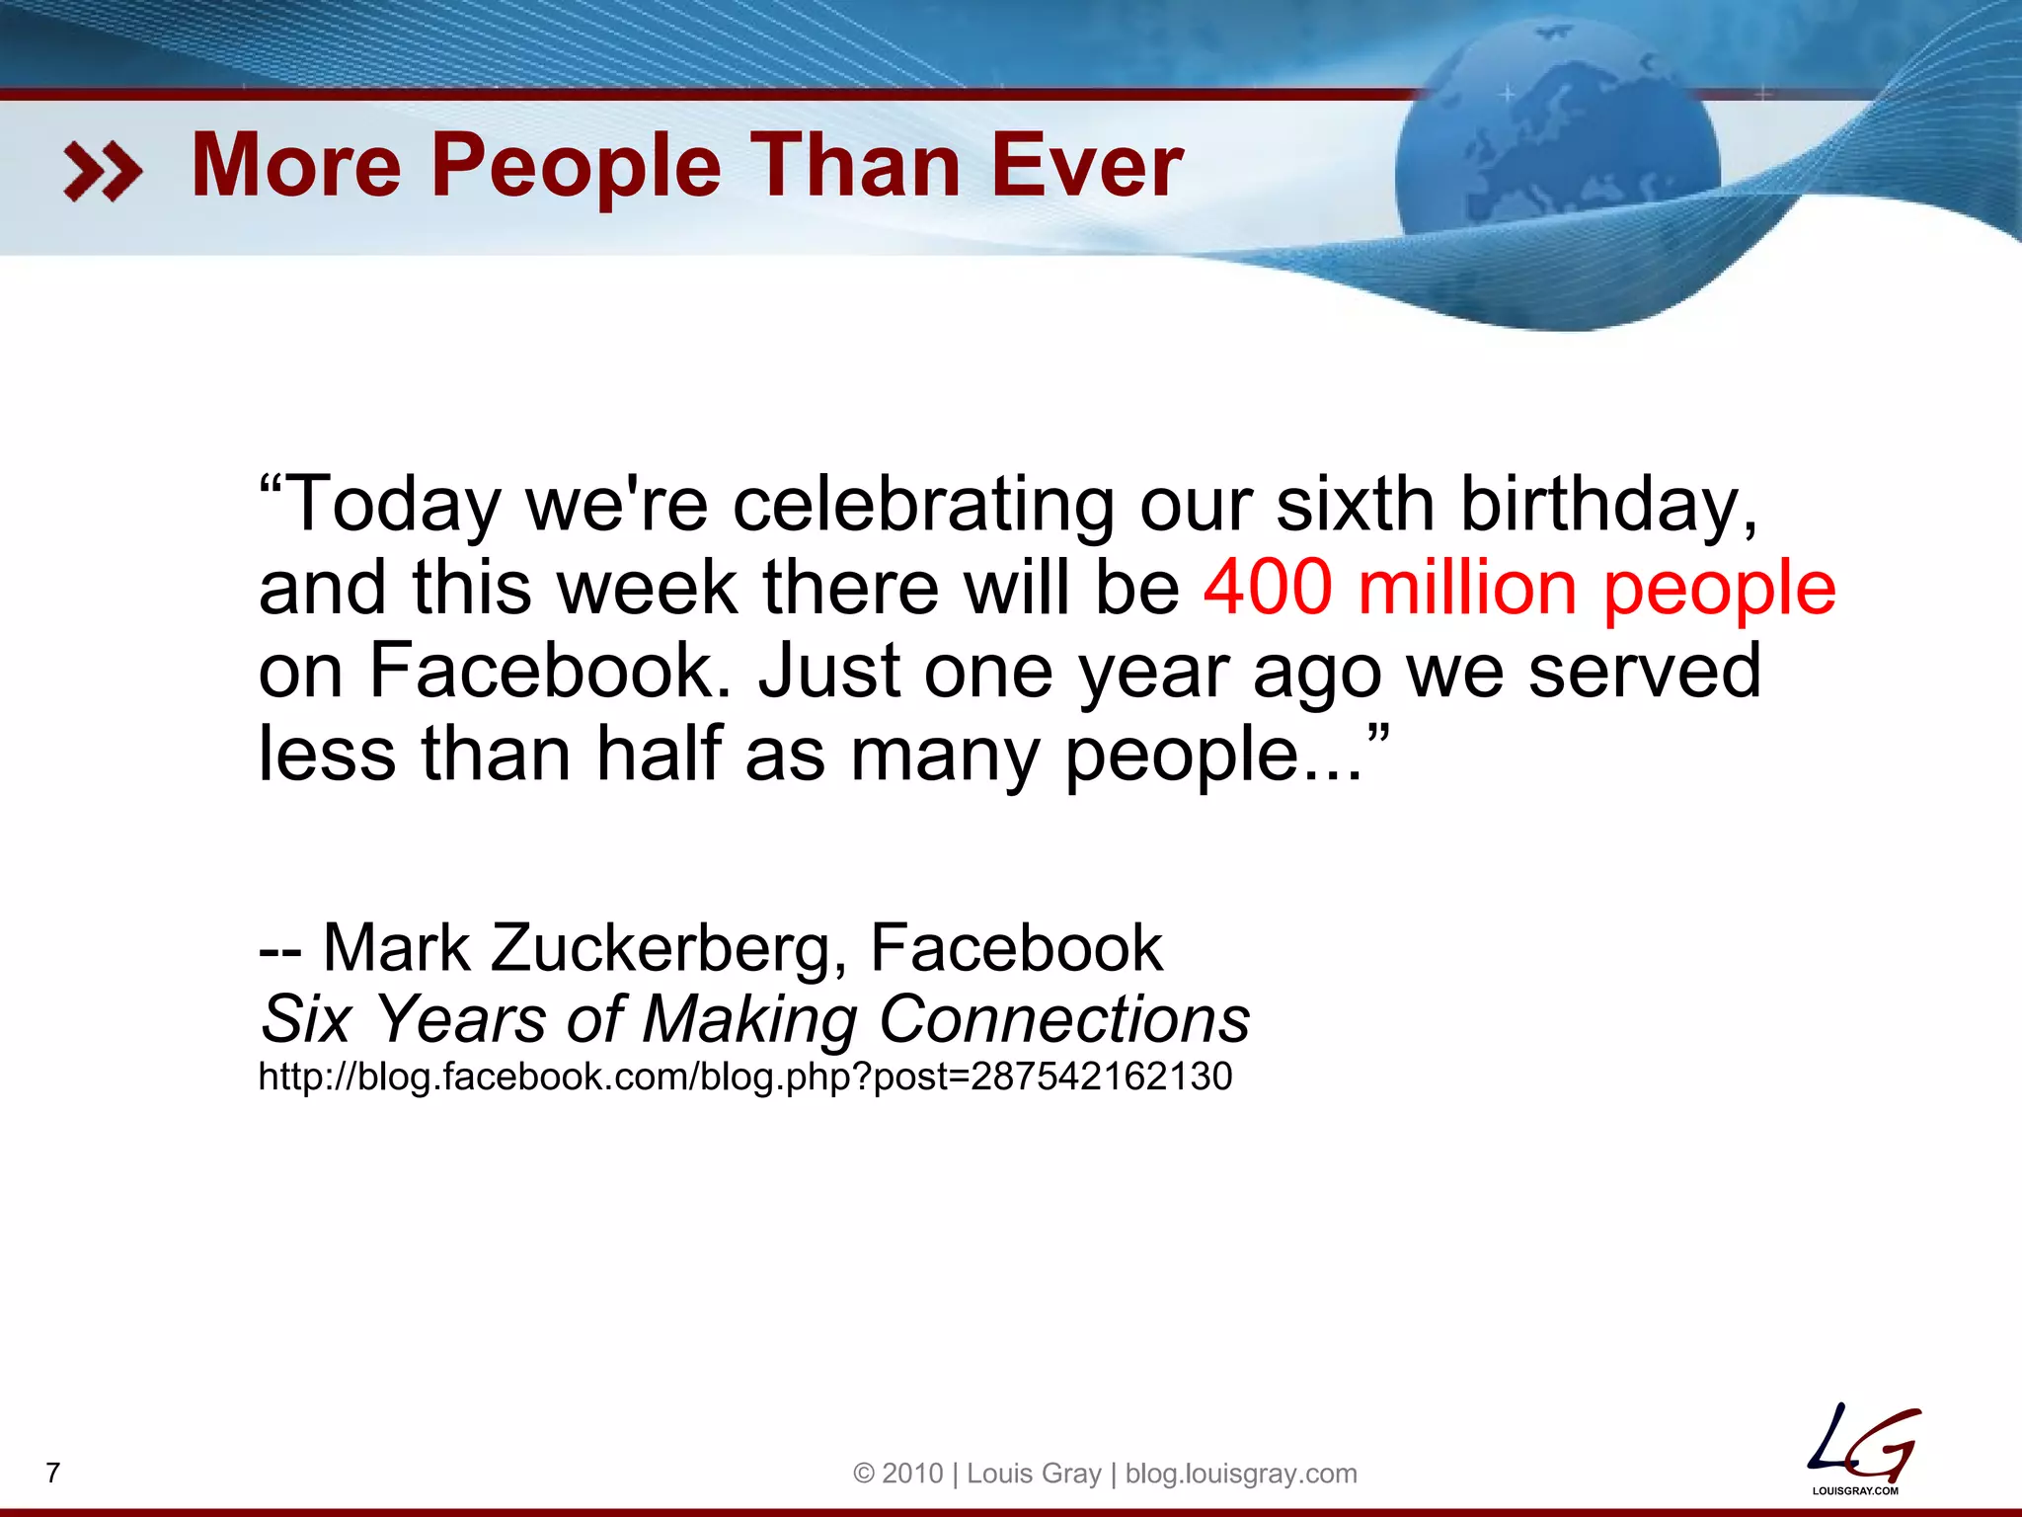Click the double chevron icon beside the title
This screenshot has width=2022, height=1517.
tap(103, 171)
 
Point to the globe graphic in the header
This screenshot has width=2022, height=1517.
tap(1557, 168)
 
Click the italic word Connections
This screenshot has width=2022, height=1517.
tap(1063, 1019)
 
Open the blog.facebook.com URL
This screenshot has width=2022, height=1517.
tap(745, 1077)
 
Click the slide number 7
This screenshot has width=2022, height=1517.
tap(53, 1473)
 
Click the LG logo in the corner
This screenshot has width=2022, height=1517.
tap(1862, 1448)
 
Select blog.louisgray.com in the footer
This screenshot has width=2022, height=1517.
tap(1241, 1474)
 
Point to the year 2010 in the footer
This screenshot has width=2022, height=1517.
tap(912, 1474)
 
